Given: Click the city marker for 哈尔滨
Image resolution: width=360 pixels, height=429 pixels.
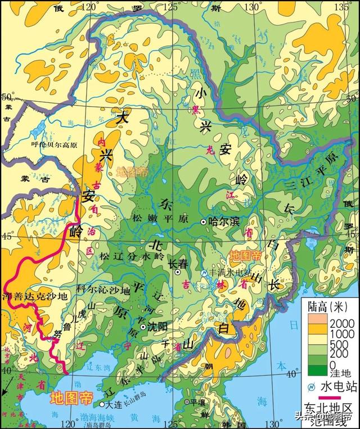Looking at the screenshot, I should click(204, 222).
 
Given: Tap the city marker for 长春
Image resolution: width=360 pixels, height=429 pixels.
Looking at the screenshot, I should click(178, 272).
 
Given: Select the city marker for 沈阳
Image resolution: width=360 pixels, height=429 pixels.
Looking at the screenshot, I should click(143, 327).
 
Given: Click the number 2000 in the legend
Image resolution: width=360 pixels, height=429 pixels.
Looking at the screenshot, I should click(343, 322).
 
